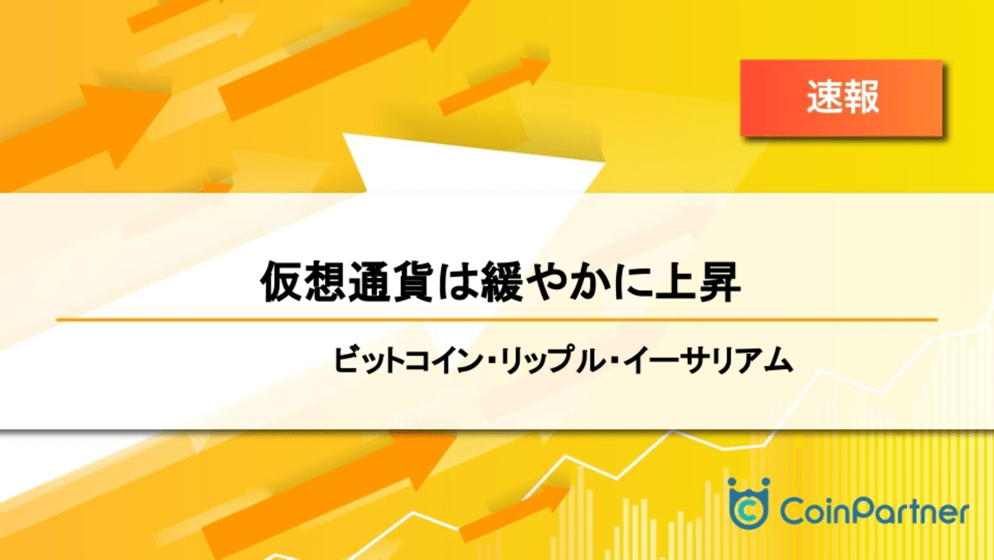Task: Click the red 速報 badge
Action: coord(841,98)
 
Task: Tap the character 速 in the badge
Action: coord(824,97)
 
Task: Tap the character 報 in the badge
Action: coord(861,97)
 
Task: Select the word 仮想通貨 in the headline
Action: coord(346,282)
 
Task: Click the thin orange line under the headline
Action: coord(496,319)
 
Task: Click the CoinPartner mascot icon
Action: coord(748,503)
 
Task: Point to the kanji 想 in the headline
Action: coord(324,282)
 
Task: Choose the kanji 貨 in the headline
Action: coord(411,282)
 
